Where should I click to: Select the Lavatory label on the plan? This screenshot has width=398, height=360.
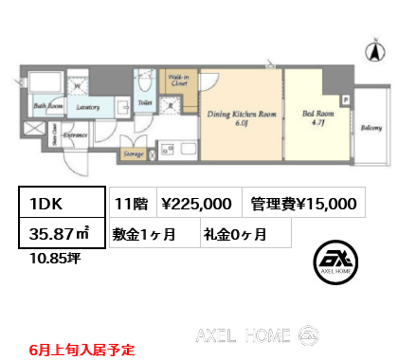click(x=89, y=108)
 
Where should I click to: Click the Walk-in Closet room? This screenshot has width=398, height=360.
click(x=177, y=82)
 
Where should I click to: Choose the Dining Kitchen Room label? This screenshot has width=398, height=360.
click(x=241, y=115)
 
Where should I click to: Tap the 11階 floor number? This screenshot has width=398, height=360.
click(x=130, y=202)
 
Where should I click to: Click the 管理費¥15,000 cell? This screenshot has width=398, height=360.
click(x=303, y=202)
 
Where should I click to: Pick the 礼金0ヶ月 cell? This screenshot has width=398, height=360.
click(x=234, y=232)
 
